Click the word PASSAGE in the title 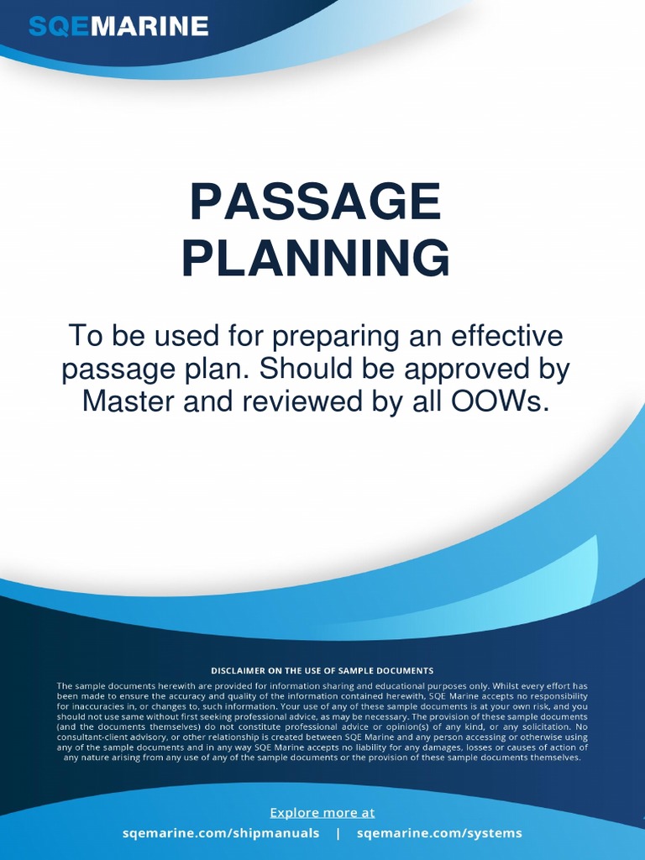[315, 202]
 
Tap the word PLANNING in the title [315, 259]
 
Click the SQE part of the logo [58, 27]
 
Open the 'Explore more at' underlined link [322, 812]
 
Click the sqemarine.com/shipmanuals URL [221, 833]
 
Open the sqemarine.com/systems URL [439, 833]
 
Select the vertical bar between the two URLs [338, 833]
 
